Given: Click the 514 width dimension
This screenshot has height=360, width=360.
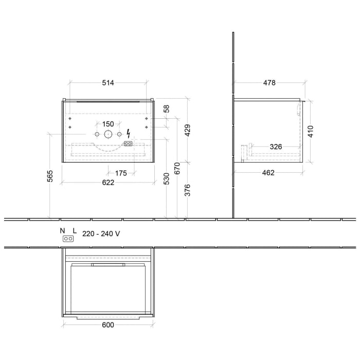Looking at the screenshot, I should click(107, 83).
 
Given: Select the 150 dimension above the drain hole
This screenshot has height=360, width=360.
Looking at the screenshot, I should click(108, 124).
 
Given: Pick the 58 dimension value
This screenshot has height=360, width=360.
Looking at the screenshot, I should click(166, 110).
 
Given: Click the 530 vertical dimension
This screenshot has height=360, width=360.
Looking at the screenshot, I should click(166, 179).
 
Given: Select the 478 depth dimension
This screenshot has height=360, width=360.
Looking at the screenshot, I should click(269, 83).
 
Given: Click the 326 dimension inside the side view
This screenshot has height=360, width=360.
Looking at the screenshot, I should click(276, 147).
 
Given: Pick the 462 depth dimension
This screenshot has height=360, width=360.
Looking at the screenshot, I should click(268, 173).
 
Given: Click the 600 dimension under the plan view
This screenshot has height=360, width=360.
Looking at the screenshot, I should click(107, 325).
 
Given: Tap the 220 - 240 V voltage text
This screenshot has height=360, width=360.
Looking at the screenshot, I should click(101, 233).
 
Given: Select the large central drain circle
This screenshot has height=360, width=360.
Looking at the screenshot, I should click(108, 134).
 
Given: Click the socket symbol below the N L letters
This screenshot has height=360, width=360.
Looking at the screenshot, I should click(67, 239).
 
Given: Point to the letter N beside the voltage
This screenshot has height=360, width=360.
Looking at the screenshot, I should click(62, 231).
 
